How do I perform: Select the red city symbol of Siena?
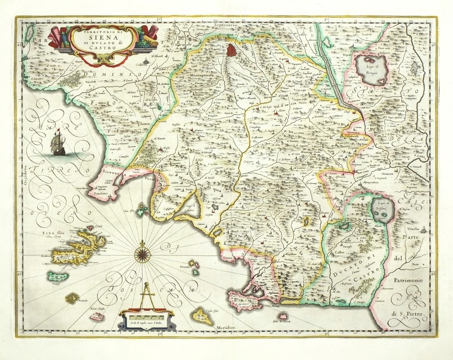click(x=232, y=50)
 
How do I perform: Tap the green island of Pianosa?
click(x=58, y=277)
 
